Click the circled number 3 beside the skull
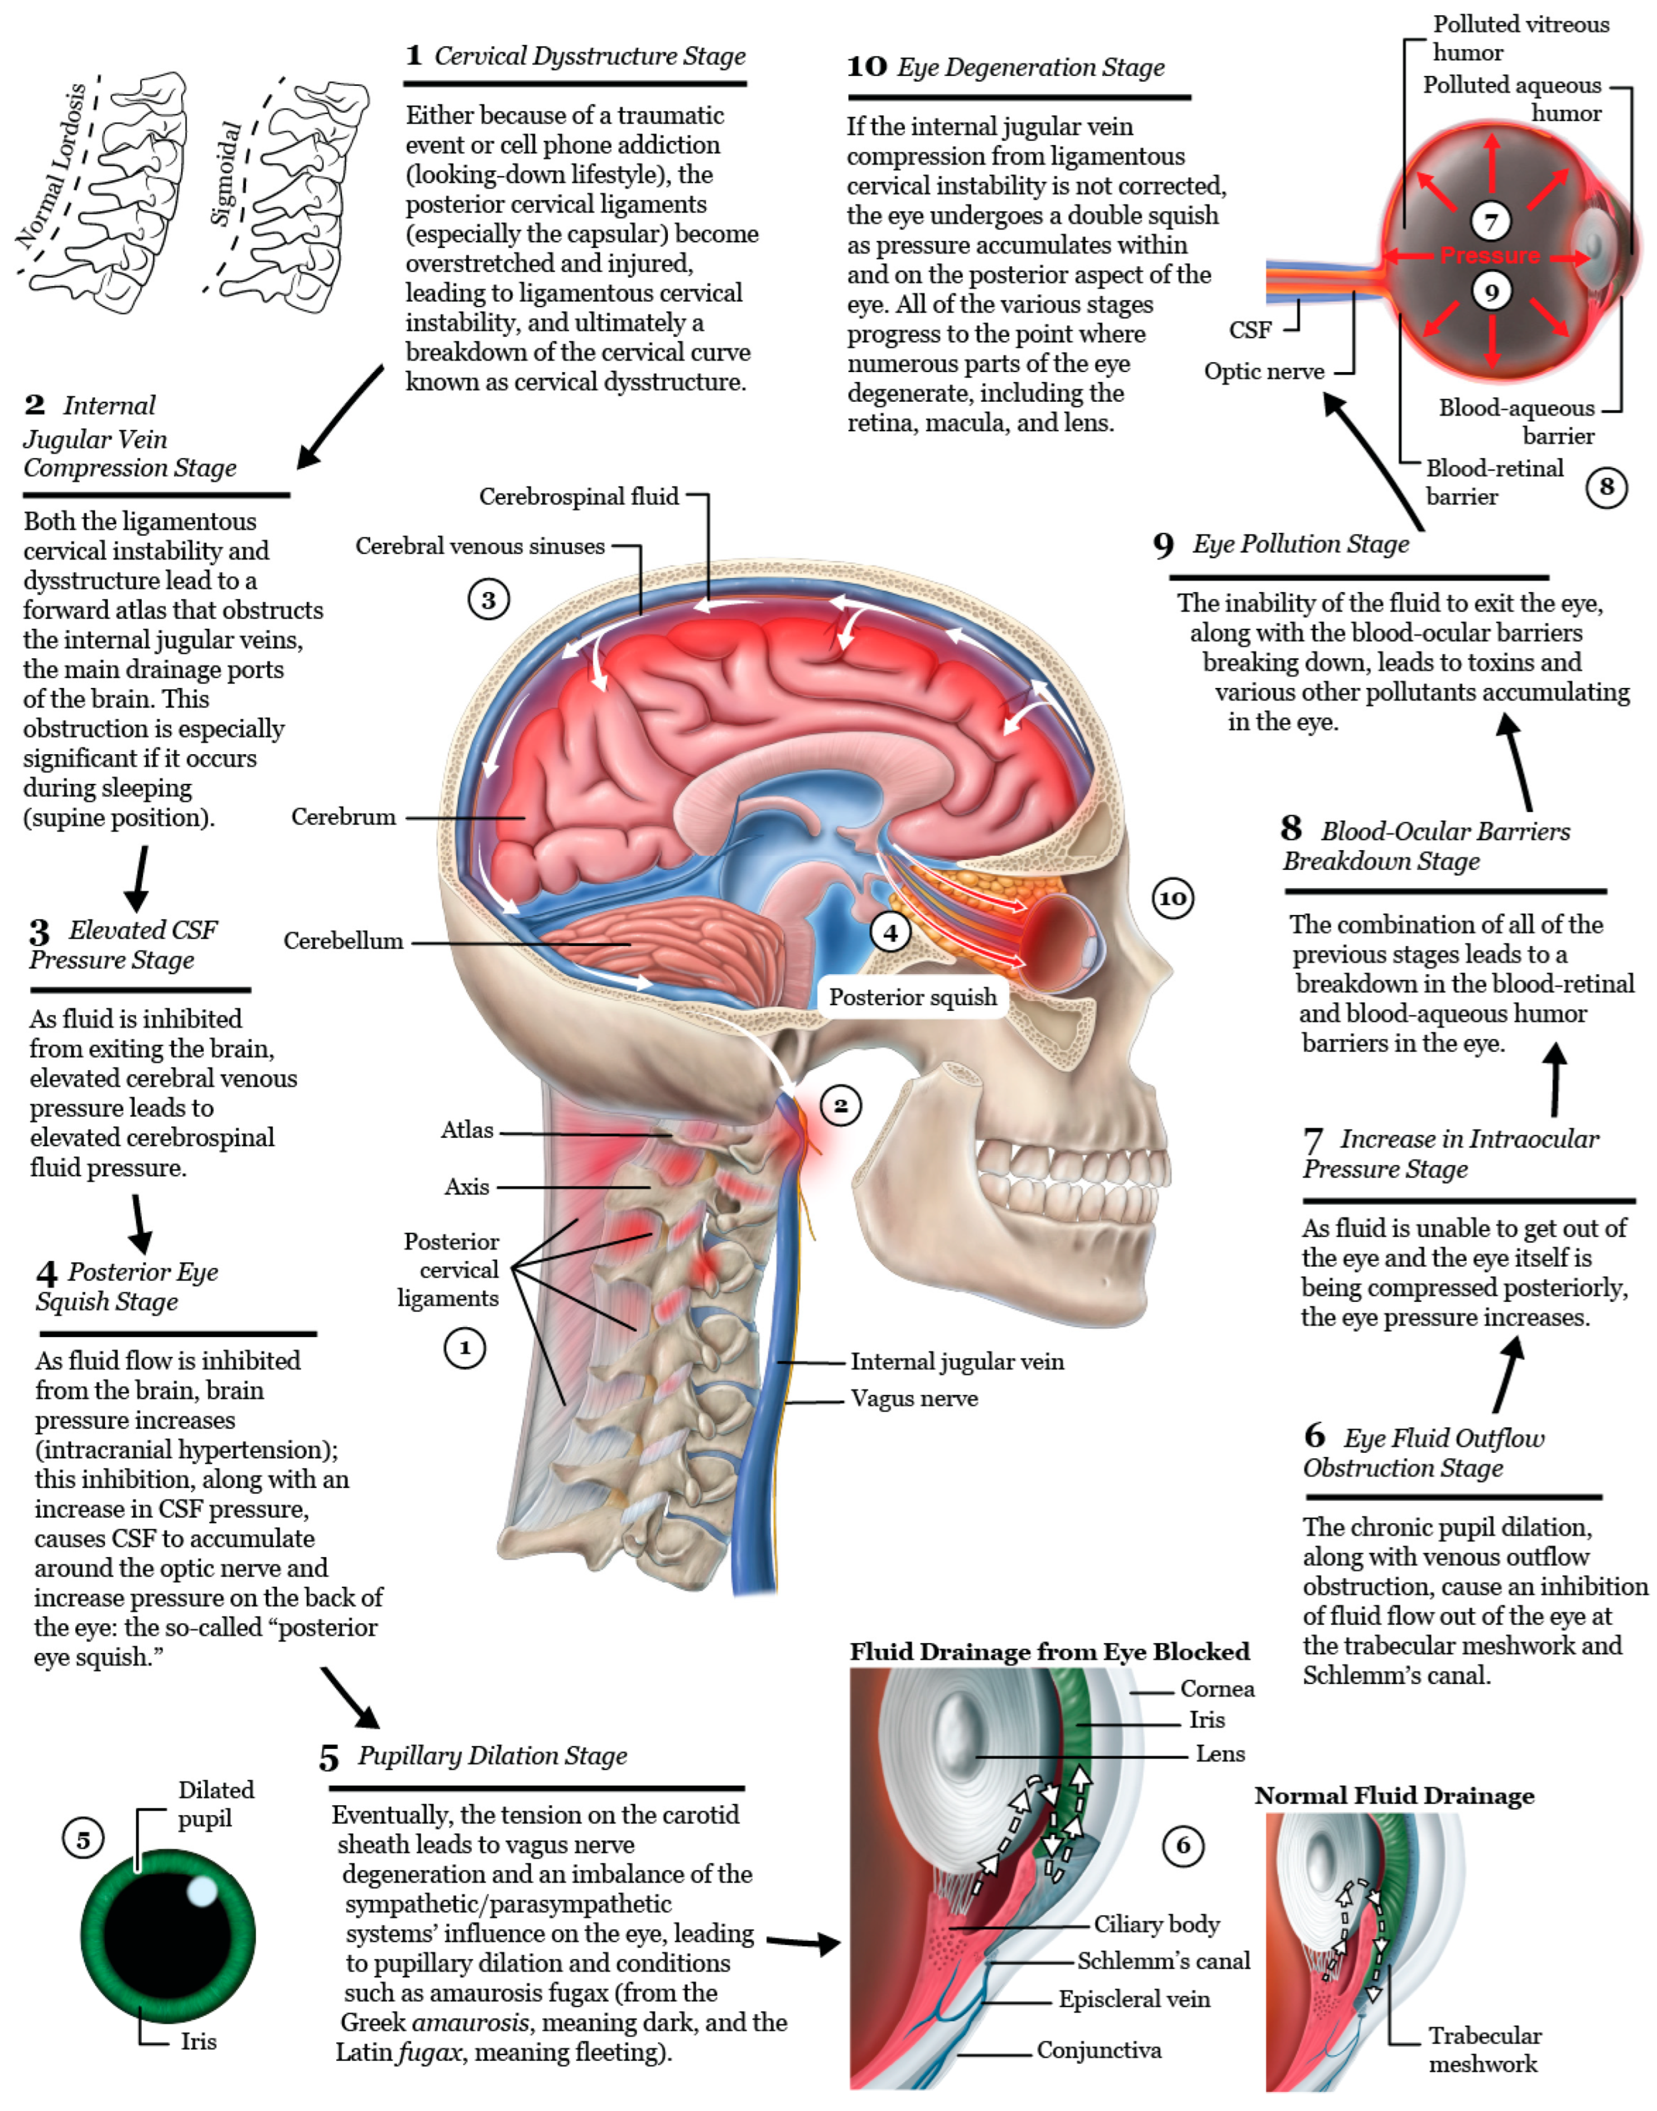click(488, 600)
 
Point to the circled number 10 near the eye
click(1172, 898)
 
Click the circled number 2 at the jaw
click(840, 1105)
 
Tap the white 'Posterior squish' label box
click(912, 997)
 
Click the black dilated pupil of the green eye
click(165, 1935)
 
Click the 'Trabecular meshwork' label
click(1483, 2049)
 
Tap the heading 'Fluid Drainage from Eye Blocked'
click(1049, 1651)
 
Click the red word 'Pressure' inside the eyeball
click(1490, 255)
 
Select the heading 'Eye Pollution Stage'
click(1300, 544)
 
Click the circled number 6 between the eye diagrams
click(1183, 1845)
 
